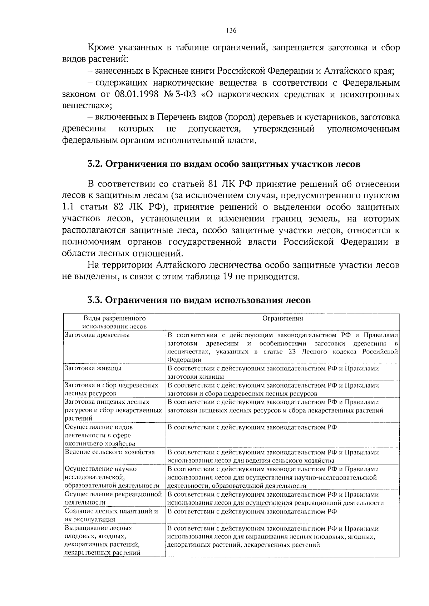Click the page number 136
click(x=231, y=31)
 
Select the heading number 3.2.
click(x=95, y=164)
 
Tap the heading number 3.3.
click(x=95, y=300)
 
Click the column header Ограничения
click(x=282, y=318)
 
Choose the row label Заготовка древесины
click(x=97, y=335)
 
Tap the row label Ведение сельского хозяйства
click(x=110, y=452)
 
